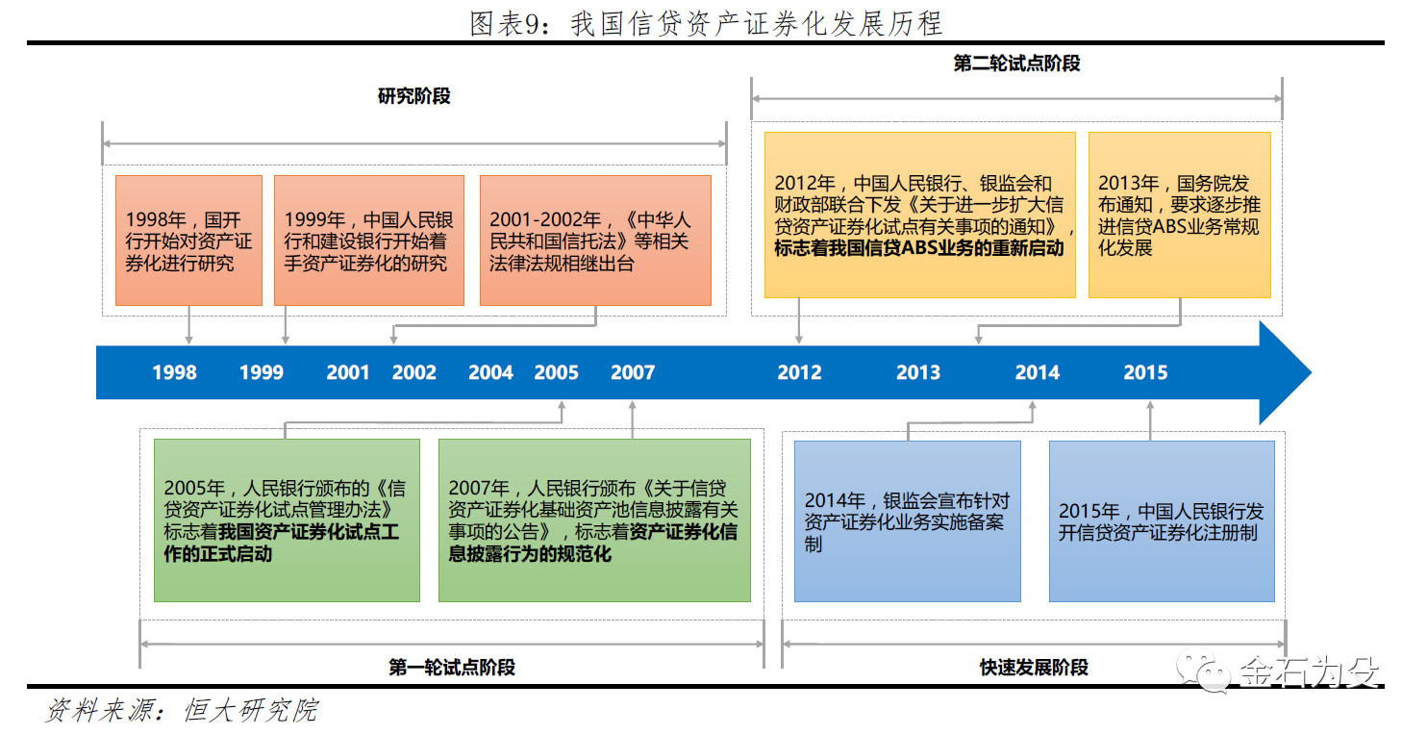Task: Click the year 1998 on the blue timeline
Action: pyautogui.click(x=175, y=372)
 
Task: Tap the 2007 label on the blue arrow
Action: pyautogui.click(x=633, y=372)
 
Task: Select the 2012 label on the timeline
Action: pyautogui.click(x=799, y=372)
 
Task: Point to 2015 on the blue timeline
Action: pyautogui.click(x=1145, y=372)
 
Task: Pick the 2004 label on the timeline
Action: pyautogui.click(x=490, y=372)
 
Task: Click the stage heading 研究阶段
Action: pyautogui.click(x=414, y=96)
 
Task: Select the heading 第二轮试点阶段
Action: pyautogui.click(x=1016, y=63)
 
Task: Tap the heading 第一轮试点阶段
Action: pyautogui.click(x=452, y=668)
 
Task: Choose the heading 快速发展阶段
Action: pyautogui.click(x=1034, y=668)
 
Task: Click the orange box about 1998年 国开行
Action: pyautogui.click(x=188, y=241)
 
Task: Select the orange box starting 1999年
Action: pyautogui.click(x=369, y=241)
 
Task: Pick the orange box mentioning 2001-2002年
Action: pyautogui.click(x=595, y=241)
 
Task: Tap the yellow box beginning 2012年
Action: pyautogui.click(x=920, y=215)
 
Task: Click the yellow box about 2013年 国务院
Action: pyautogui.click(x=1180, y=215)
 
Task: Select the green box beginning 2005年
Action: pyautogui.click(x=287, y=520)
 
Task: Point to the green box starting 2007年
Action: pyautogui.click(x=594, y=520)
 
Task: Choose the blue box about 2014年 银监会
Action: pyautogui.click(x=907, y=521)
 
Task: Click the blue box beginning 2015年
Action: pyautogui.click(x=1162, y=521)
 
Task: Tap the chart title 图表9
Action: pyautogui.click(x=706, y=24)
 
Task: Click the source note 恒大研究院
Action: pyautogui.click(x=250, y=710)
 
